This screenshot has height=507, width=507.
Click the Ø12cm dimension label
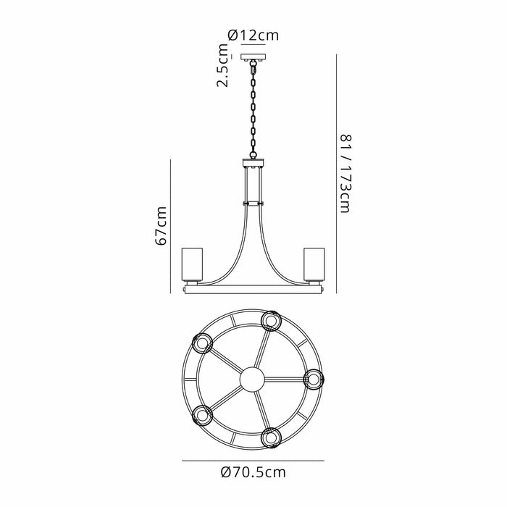[253, 34]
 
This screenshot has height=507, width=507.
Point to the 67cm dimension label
[162, 226]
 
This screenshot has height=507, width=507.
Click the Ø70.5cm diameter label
[253, 473]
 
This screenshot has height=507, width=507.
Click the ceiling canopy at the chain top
[253, 57]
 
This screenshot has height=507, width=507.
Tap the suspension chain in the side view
[253, 109]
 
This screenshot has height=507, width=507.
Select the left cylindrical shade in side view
[190, 266]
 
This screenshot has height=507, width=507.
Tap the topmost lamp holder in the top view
[272, 319]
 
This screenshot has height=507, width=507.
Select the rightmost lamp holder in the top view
[312, 378]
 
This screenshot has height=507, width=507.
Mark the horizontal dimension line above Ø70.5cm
[253, 460]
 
